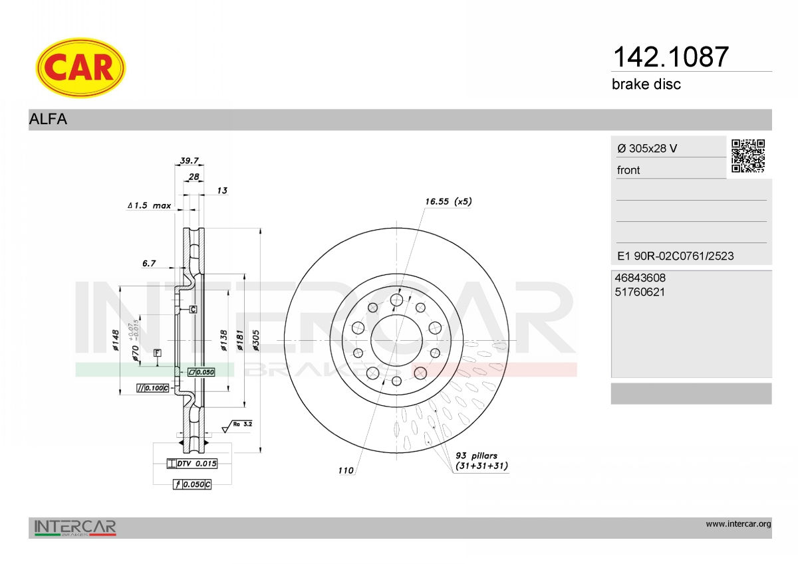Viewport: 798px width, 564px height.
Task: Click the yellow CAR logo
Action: coord(80,68)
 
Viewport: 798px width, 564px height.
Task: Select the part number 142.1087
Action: coord(671,57)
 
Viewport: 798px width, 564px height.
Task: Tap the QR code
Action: coord(748,156)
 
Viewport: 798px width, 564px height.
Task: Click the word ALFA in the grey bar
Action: coord(48,119)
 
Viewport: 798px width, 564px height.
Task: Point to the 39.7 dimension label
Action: coord(189,161)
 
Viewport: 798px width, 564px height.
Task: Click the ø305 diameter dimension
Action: coord(255,341)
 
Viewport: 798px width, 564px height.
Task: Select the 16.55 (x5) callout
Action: coord(448,201)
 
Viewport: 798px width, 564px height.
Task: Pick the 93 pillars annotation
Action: coord(481,461)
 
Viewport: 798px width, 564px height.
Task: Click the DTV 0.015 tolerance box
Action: coord(192,464)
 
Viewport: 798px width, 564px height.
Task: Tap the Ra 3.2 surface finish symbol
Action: coord(237,426)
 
